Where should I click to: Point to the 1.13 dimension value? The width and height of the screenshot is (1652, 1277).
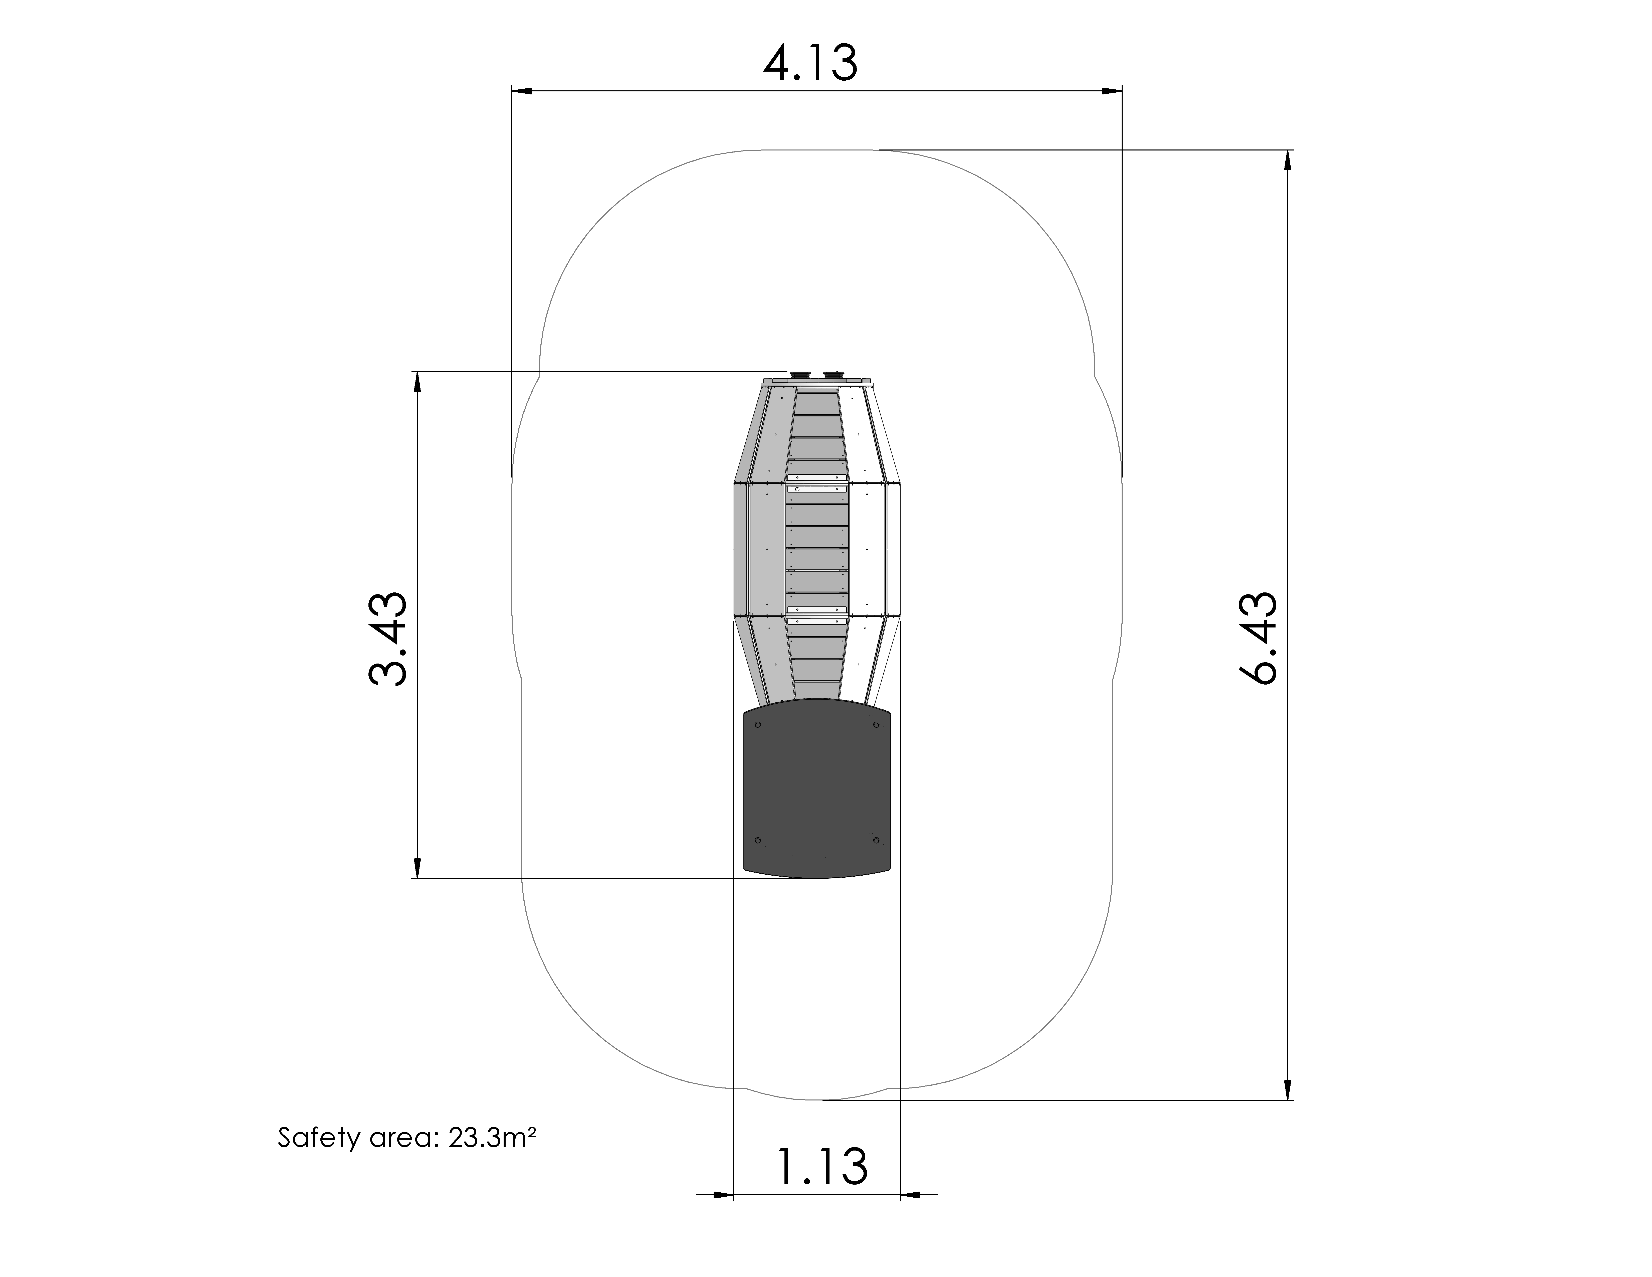(822, 1166)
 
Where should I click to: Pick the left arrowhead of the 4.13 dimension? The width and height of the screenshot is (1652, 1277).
(522, 92)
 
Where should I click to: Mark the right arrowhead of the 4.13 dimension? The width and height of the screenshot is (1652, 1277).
(1111, 92)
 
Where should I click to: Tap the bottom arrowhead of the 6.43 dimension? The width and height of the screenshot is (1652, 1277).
(1288, 1089)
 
